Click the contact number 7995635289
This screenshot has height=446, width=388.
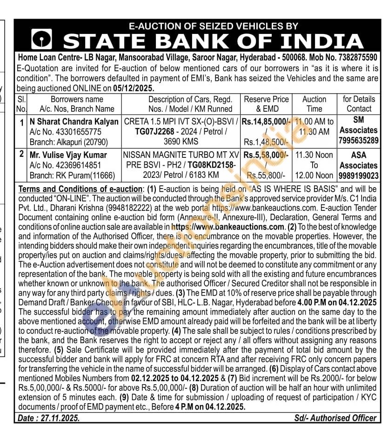click(x=359, y=141)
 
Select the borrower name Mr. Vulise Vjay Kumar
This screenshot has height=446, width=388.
click(x=68, y=155)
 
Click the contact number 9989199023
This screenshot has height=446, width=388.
click(x=359, y=176)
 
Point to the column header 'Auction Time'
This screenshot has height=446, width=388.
click(x=314, y=104)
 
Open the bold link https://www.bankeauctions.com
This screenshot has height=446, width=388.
click(x=227, y=227)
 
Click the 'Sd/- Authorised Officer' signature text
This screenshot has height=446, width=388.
click(x=335, y=418)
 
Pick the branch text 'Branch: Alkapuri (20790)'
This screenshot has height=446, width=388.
click(x=68, y=142)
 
